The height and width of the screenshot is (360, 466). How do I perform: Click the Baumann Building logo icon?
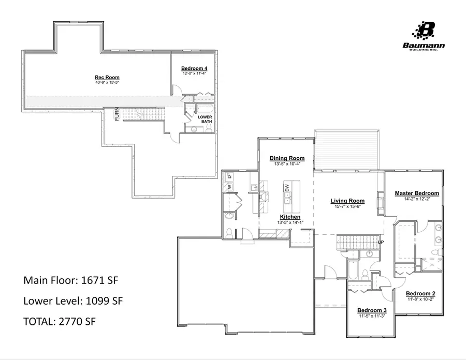coord(427,31)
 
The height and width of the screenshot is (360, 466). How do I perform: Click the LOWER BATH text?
coord(205,119)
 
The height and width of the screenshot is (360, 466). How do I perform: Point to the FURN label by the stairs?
coord(118,113)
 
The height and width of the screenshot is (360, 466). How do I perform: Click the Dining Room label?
coord(287,158)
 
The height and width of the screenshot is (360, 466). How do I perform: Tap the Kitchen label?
coord(290,217)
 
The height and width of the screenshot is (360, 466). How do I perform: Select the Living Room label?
coord(347,201)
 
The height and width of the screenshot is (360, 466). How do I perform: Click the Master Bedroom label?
coord(417,193)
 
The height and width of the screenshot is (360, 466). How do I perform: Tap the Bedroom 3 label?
coord(372,311)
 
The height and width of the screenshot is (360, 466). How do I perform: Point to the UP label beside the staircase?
coord(381,242)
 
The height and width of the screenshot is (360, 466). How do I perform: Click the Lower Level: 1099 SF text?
coord(73,301)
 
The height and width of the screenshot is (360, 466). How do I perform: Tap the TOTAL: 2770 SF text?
coord(60,321)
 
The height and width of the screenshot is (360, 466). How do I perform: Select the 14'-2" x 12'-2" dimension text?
coord(417,199)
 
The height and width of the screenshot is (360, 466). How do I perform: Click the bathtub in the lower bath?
coord(205,109)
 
